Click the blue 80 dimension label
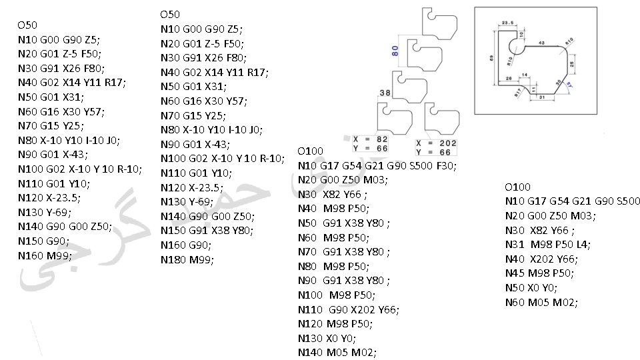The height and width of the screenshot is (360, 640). click(x=395, y=49)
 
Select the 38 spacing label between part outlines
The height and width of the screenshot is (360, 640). click(x=385, y=93)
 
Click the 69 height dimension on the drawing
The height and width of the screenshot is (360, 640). click(x=491, y=58)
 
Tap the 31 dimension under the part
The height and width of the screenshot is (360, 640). click(x=541, y=98)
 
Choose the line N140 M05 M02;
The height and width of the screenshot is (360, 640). click(x=337, y=353)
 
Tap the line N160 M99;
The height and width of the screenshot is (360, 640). click(x=45, y=255)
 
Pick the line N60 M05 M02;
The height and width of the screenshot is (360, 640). click(x=541, y=303)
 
